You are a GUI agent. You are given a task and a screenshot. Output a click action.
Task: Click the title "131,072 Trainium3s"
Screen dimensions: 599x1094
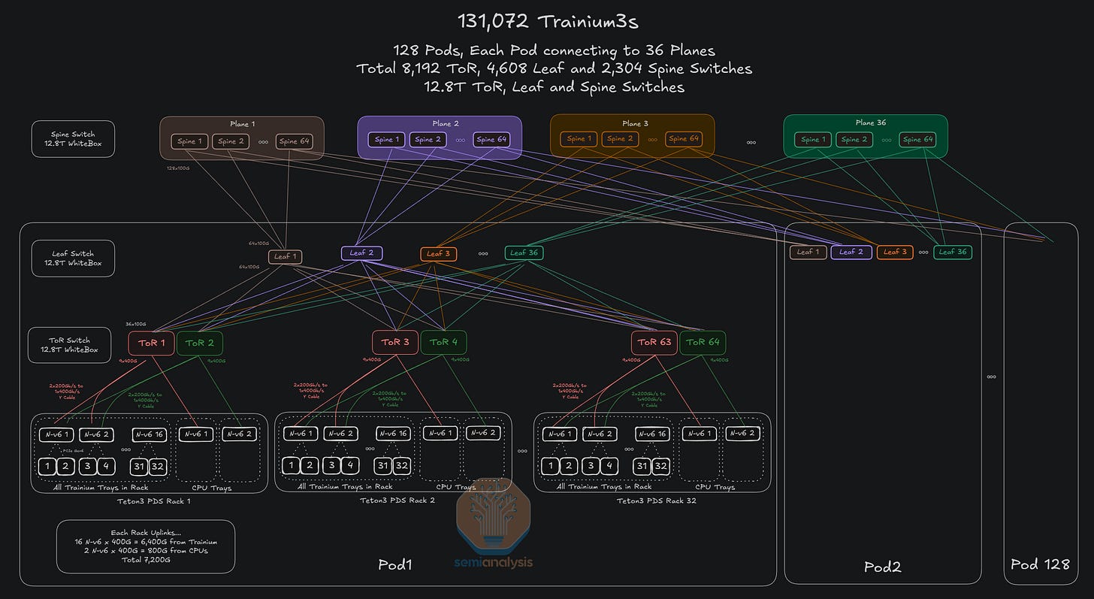(547, 21)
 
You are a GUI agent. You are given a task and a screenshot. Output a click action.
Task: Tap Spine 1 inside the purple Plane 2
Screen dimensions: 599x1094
(386, 139)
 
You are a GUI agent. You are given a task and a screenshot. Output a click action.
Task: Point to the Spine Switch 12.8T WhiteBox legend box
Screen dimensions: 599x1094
(73, 139)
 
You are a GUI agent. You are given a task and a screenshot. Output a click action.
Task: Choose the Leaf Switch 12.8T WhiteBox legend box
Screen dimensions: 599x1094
(73, 259)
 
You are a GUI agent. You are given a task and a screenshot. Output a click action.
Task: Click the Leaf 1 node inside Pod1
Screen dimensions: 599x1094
(285, 257)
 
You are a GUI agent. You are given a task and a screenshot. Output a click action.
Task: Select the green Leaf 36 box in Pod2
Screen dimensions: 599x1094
(953, 252)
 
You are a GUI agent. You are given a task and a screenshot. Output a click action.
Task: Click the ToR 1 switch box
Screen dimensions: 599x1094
(152, 343)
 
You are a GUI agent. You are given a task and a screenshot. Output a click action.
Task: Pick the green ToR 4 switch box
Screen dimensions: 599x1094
(443, 343)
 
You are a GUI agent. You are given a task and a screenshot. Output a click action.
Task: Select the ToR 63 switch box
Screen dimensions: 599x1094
(654, 343)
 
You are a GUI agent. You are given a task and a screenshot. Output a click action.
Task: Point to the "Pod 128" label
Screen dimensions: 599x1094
(1041, 564)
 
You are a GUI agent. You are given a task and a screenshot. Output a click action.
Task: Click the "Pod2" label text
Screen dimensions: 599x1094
(883, 567)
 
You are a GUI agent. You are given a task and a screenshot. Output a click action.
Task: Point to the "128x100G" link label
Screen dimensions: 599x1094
(178, 168)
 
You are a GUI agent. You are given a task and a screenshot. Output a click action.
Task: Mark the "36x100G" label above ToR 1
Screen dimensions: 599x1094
(136, 324)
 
